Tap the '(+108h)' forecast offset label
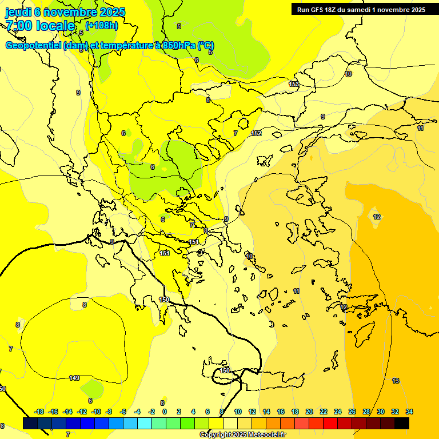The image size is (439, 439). [102, 25]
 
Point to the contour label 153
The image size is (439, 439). [293, 84]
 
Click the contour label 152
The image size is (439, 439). [256, 133]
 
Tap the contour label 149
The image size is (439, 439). [74, 378]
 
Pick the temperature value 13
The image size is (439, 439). [396, 381]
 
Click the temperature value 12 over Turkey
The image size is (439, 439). [377, 217]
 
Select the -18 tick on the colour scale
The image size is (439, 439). [39, 412]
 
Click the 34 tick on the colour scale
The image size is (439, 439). [409, 412]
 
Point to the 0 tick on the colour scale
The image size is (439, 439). [164, 412]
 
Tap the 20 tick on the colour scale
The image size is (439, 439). [309, 412]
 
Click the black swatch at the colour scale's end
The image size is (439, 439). [402, 424]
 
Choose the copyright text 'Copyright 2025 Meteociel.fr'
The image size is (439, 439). [242, 434]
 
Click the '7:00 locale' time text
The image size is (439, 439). [40, 26]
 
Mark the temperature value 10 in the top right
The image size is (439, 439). [349, 74]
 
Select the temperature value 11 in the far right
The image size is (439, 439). [420, 128]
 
